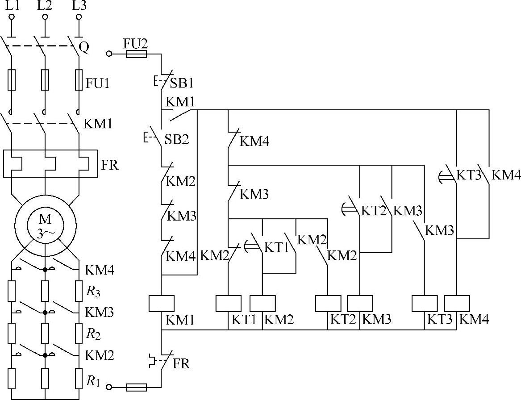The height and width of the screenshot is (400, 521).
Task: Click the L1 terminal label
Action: (13, 6)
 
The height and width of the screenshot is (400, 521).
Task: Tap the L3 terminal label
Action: (79, 6)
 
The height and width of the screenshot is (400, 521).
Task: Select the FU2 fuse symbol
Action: (137, 54)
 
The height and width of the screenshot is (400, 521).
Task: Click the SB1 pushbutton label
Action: (182, 83)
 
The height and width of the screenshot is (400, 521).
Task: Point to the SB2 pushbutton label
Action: (177, 139)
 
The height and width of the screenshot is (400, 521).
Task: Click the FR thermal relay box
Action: (50, 163)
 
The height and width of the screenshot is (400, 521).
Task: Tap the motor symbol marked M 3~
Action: (46, 225)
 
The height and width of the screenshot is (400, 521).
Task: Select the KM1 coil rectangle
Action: (162, 304)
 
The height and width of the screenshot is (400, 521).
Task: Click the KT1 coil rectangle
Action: (228, 304)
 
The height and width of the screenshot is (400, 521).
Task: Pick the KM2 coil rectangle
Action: (263, 304)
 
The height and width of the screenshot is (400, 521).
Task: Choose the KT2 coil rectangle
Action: (328, 304)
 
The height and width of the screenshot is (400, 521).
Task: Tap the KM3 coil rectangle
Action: (360, 304)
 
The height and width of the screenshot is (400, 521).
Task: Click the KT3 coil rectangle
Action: (424, 304)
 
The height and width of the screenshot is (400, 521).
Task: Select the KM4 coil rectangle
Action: (457, 304)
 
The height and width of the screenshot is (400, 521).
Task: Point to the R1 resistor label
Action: (93, 381)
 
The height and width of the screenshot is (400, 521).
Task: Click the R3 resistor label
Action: (93, 292)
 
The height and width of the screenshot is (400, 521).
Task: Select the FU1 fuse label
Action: (97, 83)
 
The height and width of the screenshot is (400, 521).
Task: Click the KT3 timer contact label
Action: (468, 175)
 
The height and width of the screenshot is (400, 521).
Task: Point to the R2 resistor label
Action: (93, 334)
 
